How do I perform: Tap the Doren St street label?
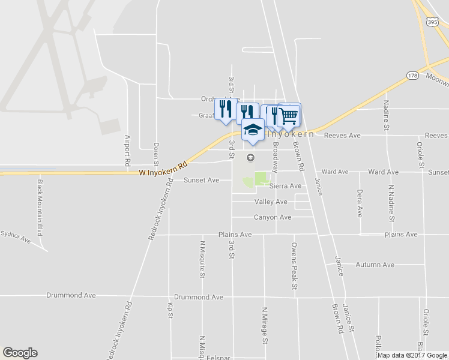click(x=156, y=154)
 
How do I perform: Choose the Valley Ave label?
click(x=271, y=202)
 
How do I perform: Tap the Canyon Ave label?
click(x=273, y=217)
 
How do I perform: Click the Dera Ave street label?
click(x=360, y=203)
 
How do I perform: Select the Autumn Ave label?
click(x=375, y=265)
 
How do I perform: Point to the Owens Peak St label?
click(x=294, y=266)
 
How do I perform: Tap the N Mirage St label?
click(x=264, y=325)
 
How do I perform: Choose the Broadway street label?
click(x=276, y=154)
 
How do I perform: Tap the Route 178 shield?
click(x=412, y=76)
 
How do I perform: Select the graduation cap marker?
click(x=253, y=130)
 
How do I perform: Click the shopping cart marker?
click(x=289, y=115)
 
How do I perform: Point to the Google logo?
click(x=20, y=353)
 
